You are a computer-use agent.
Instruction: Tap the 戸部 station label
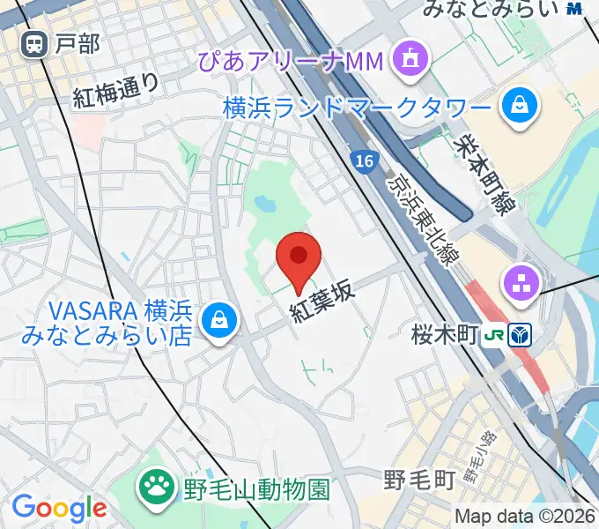pyautogui.click(x=77, y=43)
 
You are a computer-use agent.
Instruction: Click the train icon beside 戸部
pyautogui.click(x=35, y=42)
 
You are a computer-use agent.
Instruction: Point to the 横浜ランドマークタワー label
pyautogui.click(x=356, y=108)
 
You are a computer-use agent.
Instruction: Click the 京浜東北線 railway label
pyautogui.click(x=422, y=216)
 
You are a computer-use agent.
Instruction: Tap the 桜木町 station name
pyautogui.click(x=444, y=335)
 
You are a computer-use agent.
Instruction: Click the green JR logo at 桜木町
pyautogui.click(x=496, y=335)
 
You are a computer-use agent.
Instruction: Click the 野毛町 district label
pyautogui.click(x=418, y=480)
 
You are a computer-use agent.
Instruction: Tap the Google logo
pyautogui.click(x=59, y=508)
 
